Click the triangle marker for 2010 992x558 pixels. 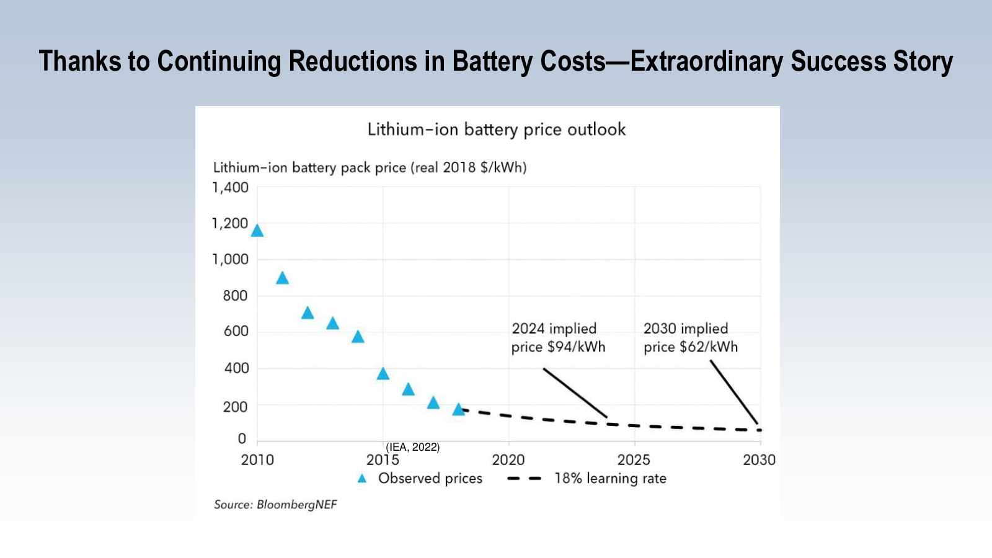[257, 231]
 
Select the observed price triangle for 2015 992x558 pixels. [383, 374]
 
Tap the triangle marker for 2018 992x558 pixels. [458, 410]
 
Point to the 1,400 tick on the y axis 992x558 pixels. [230, 187]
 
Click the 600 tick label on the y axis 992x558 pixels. [236, 332]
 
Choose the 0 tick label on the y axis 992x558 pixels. [242, 439]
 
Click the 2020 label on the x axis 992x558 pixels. [508, 460]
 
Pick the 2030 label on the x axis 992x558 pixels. [759, 460]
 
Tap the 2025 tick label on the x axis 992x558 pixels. [634, 460]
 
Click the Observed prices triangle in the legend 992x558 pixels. [362, 479]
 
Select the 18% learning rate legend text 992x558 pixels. [610, 479]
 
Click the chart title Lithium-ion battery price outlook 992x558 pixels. [496, 130]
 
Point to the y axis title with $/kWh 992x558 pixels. [370, 167]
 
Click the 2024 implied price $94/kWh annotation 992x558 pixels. [557, 338]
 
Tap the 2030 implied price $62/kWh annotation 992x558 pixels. [690, 338]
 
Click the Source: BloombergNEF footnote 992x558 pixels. [275, 505]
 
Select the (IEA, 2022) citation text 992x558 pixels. [412, 447]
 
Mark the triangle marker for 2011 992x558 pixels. [282, 278]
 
